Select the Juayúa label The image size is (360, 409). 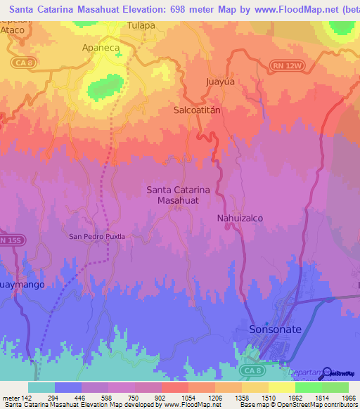(219, 81)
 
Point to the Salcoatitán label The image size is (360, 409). (198, 110)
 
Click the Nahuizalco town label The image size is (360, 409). (239, 219)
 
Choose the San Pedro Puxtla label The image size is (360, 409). (96, 237)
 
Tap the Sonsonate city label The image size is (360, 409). (275, 329)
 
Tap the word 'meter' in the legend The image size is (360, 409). (10, 398)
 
